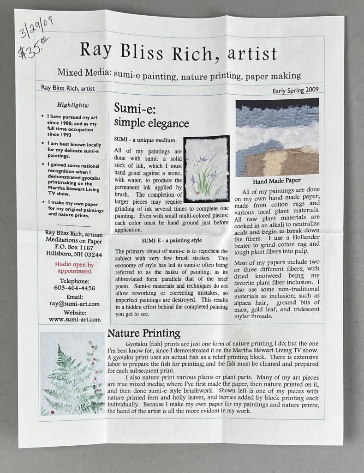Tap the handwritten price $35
point(32,49)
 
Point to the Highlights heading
point(73,105)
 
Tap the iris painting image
point(206,169)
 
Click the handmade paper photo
point(277,137)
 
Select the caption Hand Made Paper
point(276,181)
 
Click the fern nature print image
point(72,373)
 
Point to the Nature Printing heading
point(143,334)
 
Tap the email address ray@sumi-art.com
point(74,303)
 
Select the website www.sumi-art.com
point(74,319)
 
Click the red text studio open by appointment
point(74,268)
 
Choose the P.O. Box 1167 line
point(74,247)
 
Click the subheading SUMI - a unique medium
point(144,139)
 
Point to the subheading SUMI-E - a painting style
point(172,240)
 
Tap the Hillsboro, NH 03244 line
point(74,254)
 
